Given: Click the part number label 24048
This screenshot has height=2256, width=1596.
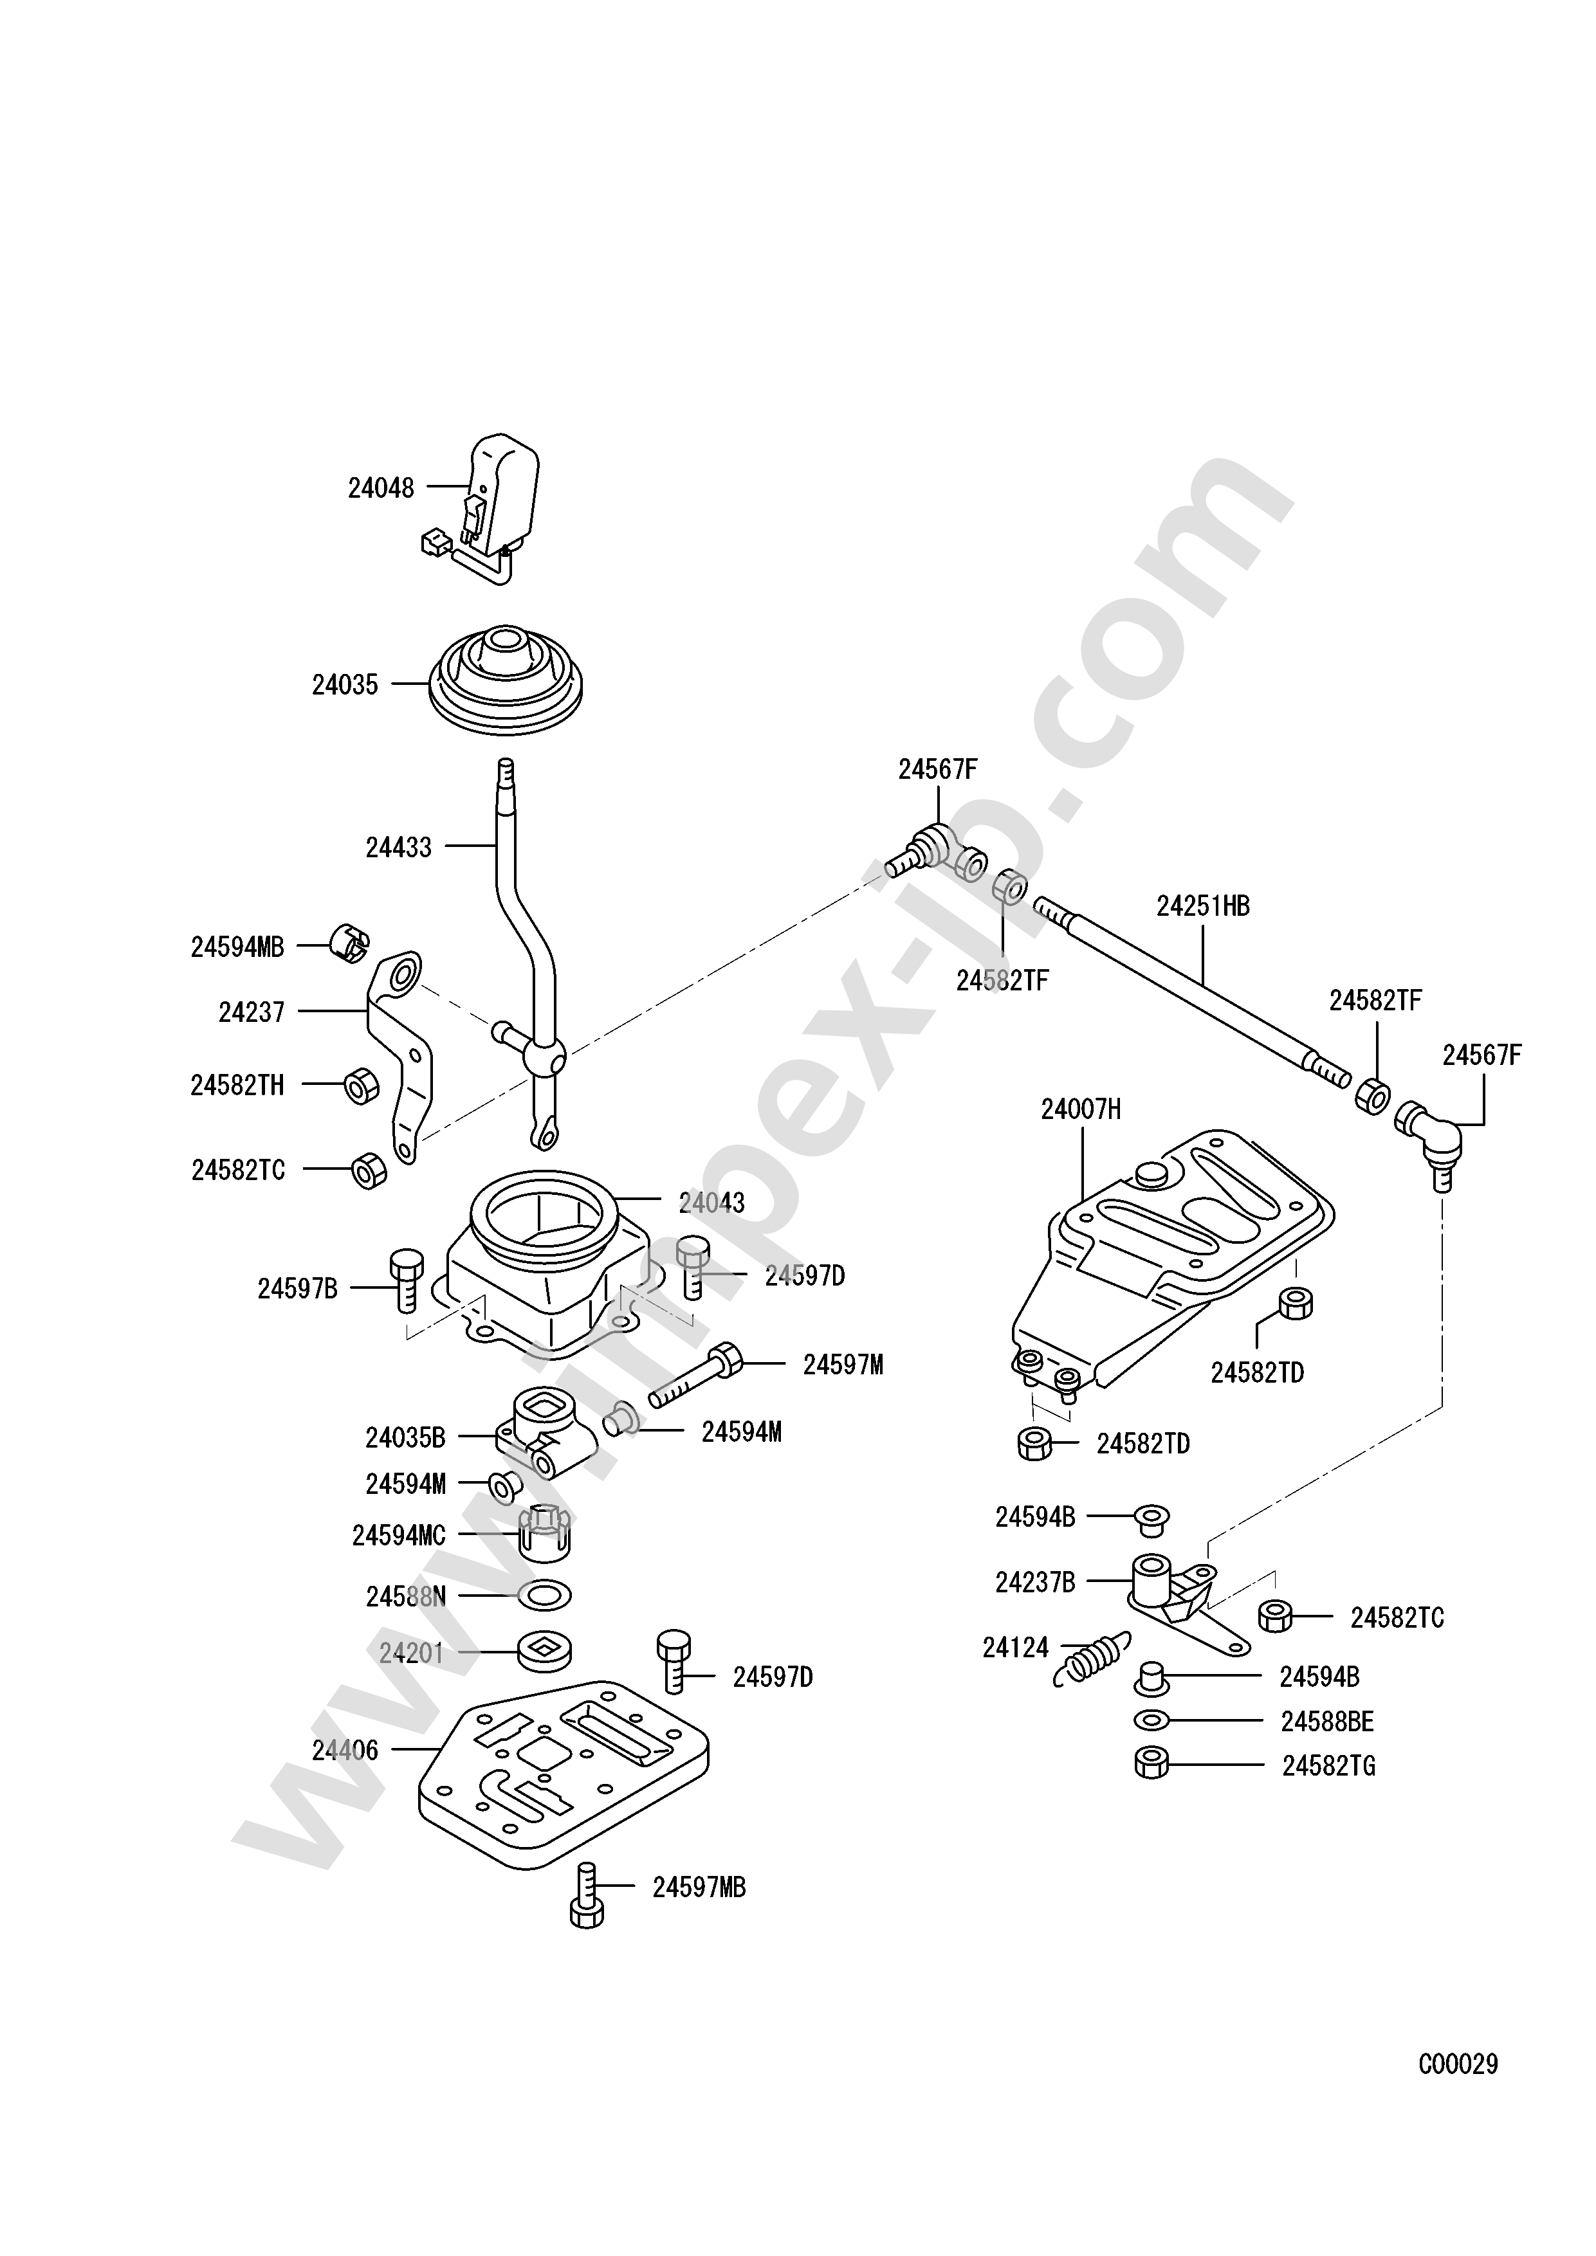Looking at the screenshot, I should point(381,487).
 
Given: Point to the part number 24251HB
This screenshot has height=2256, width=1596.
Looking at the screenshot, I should point(1203,906).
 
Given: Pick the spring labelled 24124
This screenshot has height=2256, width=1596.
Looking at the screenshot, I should point(1091,1660).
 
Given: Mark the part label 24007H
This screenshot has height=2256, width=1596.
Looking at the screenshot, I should point(1081,1109).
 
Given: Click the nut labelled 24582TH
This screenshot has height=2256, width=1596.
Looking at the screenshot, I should point(361,1085).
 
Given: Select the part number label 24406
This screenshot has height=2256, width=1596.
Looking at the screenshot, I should point(345,1750).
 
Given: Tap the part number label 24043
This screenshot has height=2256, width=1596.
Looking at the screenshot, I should point(711,1202).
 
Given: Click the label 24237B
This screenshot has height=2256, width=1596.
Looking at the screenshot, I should point(1035,1583).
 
